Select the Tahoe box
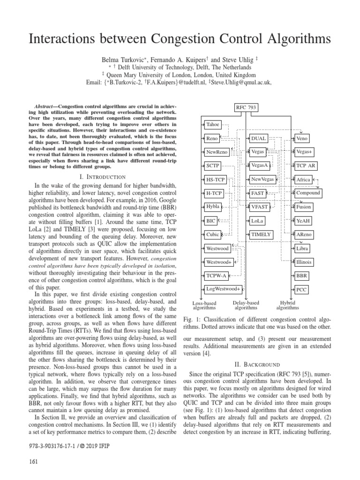[213, 124]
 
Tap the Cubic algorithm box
[213, 234]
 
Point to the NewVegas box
[262, 180]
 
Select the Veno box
[302, 138]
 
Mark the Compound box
[308, 193]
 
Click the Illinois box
[305, 262]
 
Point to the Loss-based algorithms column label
[204, 306]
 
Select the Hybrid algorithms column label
[287, 306]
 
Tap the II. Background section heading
[256, 364]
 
